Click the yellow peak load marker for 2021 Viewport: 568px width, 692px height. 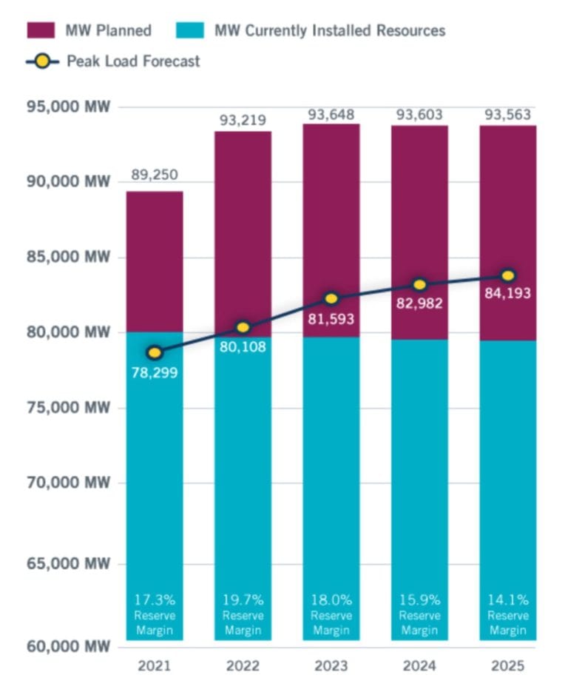pyautogui.click(x=155, y=352)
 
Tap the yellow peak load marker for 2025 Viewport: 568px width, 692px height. pyautogui.click(x=508, y=275)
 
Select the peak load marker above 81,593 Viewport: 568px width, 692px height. pyautogui.click(x=331, y=298)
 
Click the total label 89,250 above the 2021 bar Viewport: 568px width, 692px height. pyautogui.click(x=155, y=175)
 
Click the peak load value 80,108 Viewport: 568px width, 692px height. pyautogui.click(x=243, y=346)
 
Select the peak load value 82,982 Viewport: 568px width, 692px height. pyautogui.click(x=419, y=303)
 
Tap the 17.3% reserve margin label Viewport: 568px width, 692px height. pyautogui.click(x=155, y=599)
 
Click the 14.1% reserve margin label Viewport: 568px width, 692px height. pyautogui.click(x=508, y=599)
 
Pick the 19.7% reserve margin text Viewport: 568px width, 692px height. pyautogui.click(x=243, y=599)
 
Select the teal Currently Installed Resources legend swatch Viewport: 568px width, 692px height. pyautogui.click(x=190, y=30)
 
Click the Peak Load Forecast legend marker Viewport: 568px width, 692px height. pyautogui.click(x=43, y=61)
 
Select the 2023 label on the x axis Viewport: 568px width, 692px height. pyautogui.click(x=331, y=666)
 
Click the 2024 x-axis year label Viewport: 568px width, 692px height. pyautogui.click(x=419, y=666)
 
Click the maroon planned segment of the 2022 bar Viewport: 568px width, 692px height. pyautogui.click(x=243, y=222)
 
